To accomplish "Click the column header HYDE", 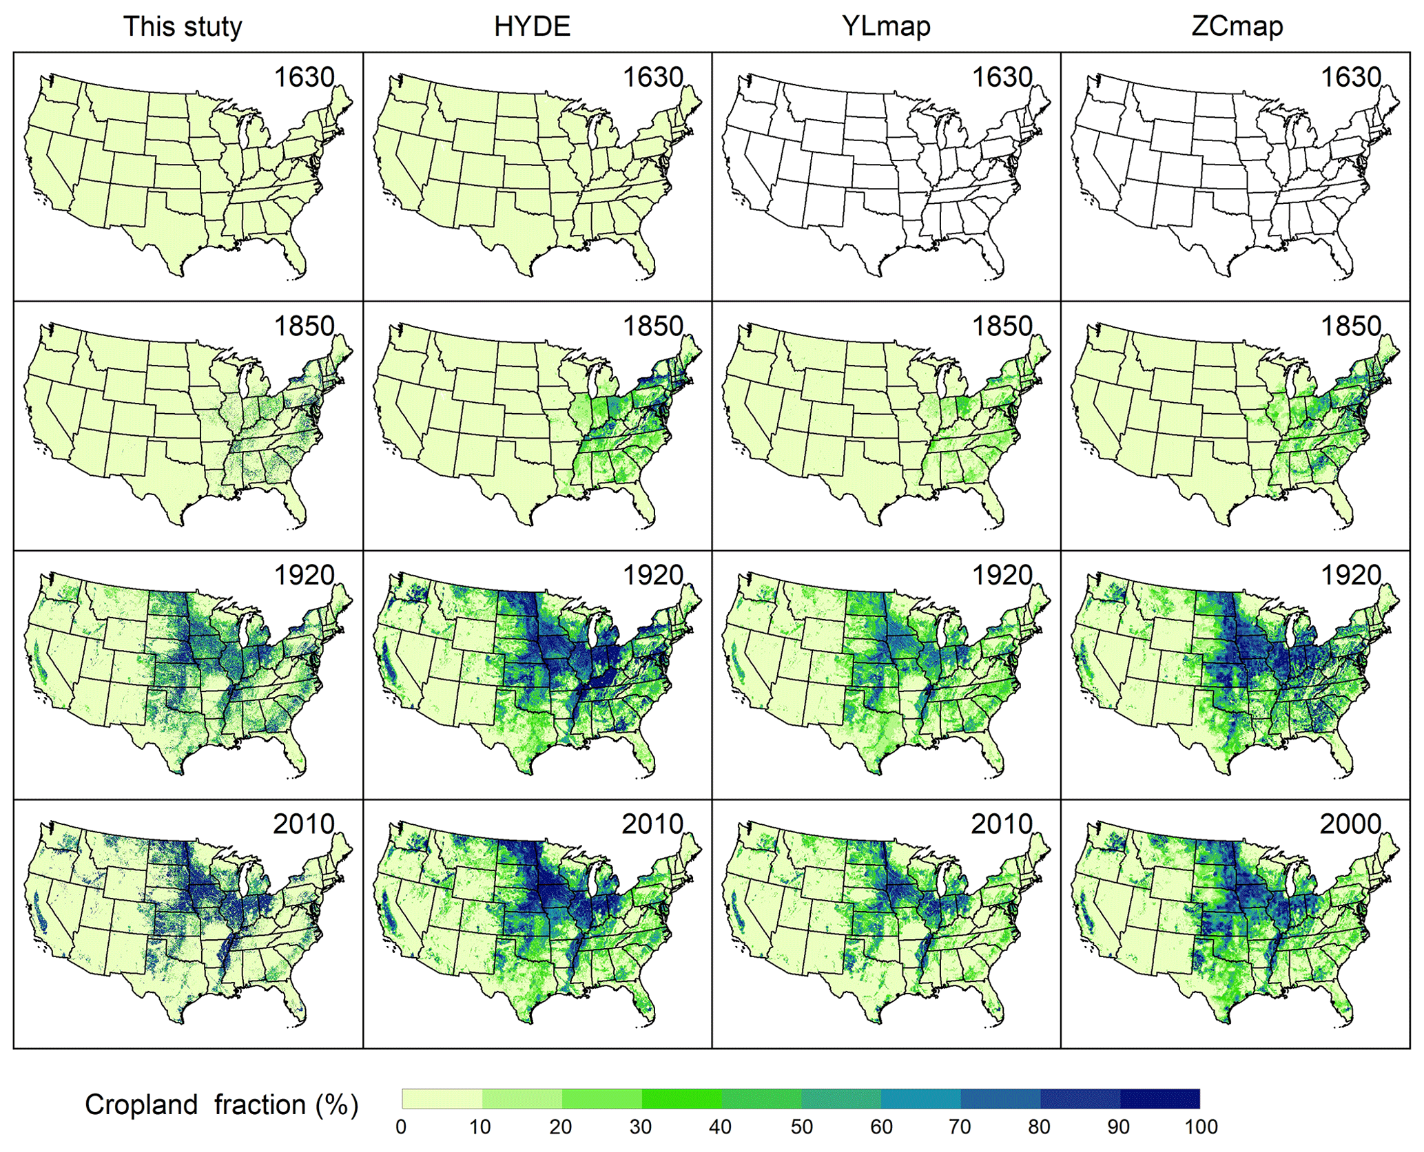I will [532, 26].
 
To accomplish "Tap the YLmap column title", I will [886, 26].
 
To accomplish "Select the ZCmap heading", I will [1237, 26].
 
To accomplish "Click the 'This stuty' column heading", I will [183, 26].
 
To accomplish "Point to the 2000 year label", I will [1350, 824].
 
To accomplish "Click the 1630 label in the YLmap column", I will [1002, 77].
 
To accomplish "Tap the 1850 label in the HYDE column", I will [652, 326].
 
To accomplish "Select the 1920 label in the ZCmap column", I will [1350, 575].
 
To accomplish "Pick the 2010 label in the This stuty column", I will [304, 824].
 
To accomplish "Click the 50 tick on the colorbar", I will [801, 1127].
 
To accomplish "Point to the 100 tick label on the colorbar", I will [1201, 1127].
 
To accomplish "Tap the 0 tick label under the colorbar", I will [401, 1127].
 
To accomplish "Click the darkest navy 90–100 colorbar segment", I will [1160, 1098].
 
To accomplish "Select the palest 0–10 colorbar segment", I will [442, 1098].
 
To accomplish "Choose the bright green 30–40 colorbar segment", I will [681, 1098].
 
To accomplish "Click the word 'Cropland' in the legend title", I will [141, 1104].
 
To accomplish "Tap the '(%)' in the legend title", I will [337, 1104].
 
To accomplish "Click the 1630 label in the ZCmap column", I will [1350, 77].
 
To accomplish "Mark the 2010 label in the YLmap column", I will [1002, 824].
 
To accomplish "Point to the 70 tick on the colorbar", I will [960, 1127].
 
